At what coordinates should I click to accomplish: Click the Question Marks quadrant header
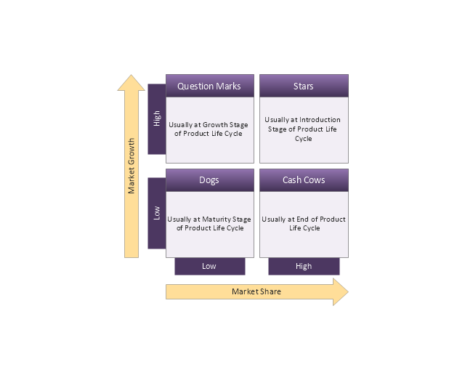click(210, 86)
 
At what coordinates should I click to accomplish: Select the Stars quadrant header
click(304, 86)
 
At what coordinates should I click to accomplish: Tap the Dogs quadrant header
click(210, 180)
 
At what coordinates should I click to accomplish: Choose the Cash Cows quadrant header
click(304, 180)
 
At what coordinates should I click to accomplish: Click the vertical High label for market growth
click(157, 118)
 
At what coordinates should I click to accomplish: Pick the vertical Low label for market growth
click(157, 213)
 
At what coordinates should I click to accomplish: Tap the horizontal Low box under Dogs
click(210, 266)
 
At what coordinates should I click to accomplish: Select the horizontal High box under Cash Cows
click(304, 266)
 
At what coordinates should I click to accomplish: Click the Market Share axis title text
click(256, 291)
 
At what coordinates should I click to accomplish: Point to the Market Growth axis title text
click(131, 166)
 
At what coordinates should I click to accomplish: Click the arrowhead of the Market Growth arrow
click(131, 76)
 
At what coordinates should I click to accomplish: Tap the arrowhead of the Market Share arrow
click(347, 291)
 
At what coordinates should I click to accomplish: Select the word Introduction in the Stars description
click(320, 120)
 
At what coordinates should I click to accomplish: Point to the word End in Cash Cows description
click(302, 219)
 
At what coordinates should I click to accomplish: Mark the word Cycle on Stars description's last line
click(304, 139)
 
